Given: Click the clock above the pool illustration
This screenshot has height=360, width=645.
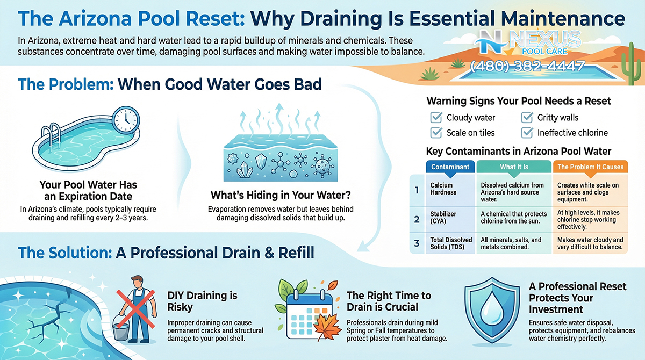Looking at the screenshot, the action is click(126, 120).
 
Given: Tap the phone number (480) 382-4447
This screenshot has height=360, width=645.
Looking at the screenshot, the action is click(527, 66).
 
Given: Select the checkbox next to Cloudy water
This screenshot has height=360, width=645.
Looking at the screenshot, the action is click(436, 118).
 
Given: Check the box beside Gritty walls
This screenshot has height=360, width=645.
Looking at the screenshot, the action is click(527, 118).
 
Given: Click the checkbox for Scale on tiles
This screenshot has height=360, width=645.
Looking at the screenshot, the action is click(436, 133).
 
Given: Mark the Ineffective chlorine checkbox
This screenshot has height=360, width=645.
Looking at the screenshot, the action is click(527, 133).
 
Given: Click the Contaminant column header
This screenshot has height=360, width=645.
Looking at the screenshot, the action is click(450, 167).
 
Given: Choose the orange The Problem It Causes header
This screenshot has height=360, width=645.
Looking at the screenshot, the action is click(590, 167).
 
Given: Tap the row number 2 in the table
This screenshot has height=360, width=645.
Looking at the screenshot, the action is click(417, 220).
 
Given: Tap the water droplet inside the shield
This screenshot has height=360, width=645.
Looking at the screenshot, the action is click(492, 307).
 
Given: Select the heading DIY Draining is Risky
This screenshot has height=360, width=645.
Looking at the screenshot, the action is click(202, 301).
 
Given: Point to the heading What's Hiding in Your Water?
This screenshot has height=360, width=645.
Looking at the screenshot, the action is click(281, 195).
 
